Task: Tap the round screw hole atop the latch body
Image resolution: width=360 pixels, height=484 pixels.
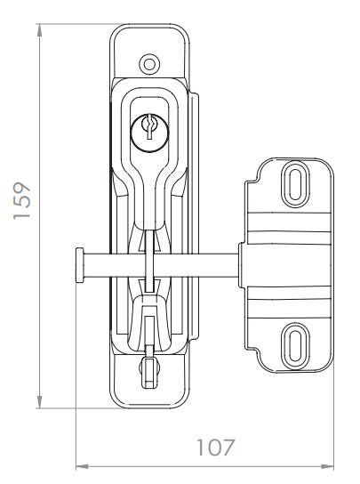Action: [149, 63]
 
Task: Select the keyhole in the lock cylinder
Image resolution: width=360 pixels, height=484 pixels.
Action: [149, 130]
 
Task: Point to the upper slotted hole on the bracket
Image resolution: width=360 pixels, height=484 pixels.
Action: [292, 183]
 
